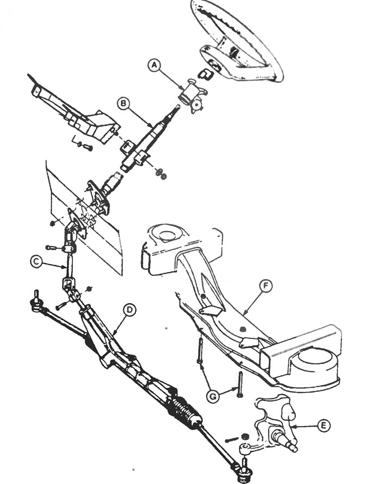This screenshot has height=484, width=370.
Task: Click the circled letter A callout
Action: click(155, 65)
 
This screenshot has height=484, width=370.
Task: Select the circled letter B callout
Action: click(123, 103)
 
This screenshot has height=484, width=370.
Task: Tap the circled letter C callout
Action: click(36, 262)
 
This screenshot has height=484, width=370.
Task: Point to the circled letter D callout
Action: click(129, 310)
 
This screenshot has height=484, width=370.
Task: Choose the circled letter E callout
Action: click(323, 426)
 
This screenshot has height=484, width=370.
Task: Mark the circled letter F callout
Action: click(266, 286)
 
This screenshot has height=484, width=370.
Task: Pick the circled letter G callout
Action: click(213, 396)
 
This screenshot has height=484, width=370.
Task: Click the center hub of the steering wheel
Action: click(213, 63)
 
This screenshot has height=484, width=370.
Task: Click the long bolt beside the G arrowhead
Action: click(239, 384)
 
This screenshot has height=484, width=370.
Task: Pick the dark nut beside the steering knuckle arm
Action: click(244, 436)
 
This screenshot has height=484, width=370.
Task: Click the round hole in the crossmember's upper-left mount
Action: click(166, 234)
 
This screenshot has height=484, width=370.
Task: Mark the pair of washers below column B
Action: click(161, 173)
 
